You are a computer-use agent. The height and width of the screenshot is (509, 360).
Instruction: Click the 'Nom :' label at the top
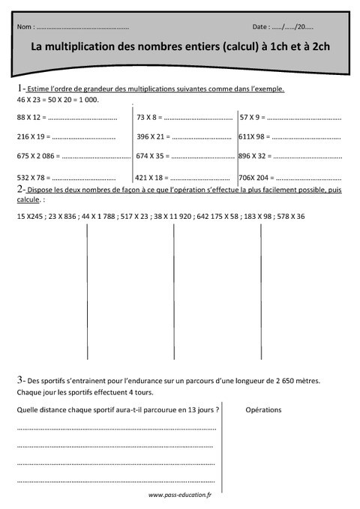click(25, 26)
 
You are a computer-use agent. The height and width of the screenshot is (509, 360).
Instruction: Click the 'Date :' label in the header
click(263, 26)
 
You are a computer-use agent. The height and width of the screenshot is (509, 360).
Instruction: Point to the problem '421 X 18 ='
click(152, 178)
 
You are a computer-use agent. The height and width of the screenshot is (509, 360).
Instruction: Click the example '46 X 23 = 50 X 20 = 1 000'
click(57, 99)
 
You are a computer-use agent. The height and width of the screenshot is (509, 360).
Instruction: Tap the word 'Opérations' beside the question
click(263, 410)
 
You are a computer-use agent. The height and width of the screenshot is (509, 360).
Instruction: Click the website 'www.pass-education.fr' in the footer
click(180, 495)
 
